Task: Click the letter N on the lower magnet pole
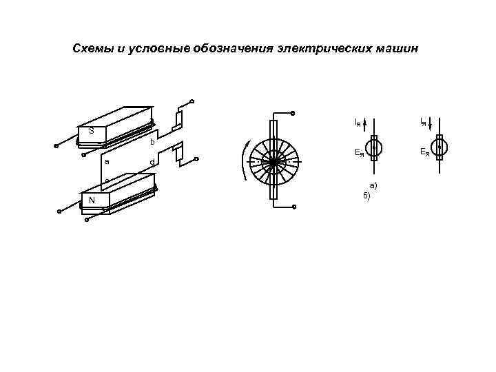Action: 92,200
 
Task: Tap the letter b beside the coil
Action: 152,142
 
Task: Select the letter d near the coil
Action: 152,163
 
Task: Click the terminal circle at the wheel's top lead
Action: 293,113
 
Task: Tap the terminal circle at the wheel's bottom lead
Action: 293,207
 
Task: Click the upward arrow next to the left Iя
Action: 365,124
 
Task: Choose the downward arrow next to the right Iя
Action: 430,124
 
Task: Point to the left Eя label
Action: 359,153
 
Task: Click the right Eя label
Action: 424,153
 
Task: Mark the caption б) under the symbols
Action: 367,196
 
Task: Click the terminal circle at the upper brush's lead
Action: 192,101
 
